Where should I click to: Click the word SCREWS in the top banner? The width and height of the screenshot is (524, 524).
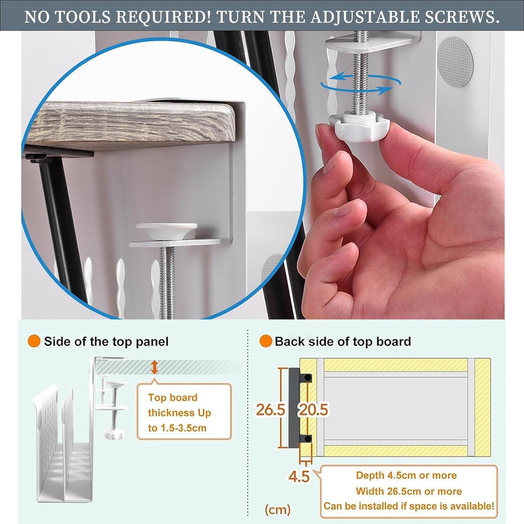pos(462,16)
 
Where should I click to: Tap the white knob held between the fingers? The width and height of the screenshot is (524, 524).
pos(359,127)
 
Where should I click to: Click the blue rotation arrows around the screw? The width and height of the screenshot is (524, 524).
pos(361,83)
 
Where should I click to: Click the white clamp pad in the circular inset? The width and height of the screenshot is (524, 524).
pos(166,231)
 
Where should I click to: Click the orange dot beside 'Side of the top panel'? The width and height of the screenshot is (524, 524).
pos(34,341)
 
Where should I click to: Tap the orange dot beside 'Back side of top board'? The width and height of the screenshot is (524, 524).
pos(266,341)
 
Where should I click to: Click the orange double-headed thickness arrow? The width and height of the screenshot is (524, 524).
pos(154,367)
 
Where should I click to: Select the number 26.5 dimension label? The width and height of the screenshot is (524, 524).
pos(270,409)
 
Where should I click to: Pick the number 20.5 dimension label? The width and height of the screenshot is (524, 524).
pos(313,409)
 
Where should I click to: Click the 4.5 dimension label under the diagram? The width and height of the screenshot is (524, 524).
pos(299,476)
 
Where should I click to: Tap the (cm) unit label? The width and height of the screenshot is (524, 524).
pos(278,509)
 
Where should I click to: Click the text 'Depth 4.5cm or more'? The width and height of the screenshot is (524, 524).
pos(406,475)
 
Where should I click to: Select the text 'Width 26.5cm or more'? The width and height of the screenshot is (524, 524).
pos(409,491)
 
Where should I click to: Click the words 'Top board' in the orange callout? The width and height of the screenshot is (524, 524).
pos(173,397)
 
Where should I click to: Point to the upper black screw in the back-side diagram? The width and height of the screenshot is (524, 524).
pos(308,378)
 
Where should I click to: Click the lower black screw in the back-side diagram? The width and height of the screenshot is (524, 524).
pos(308,438)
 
